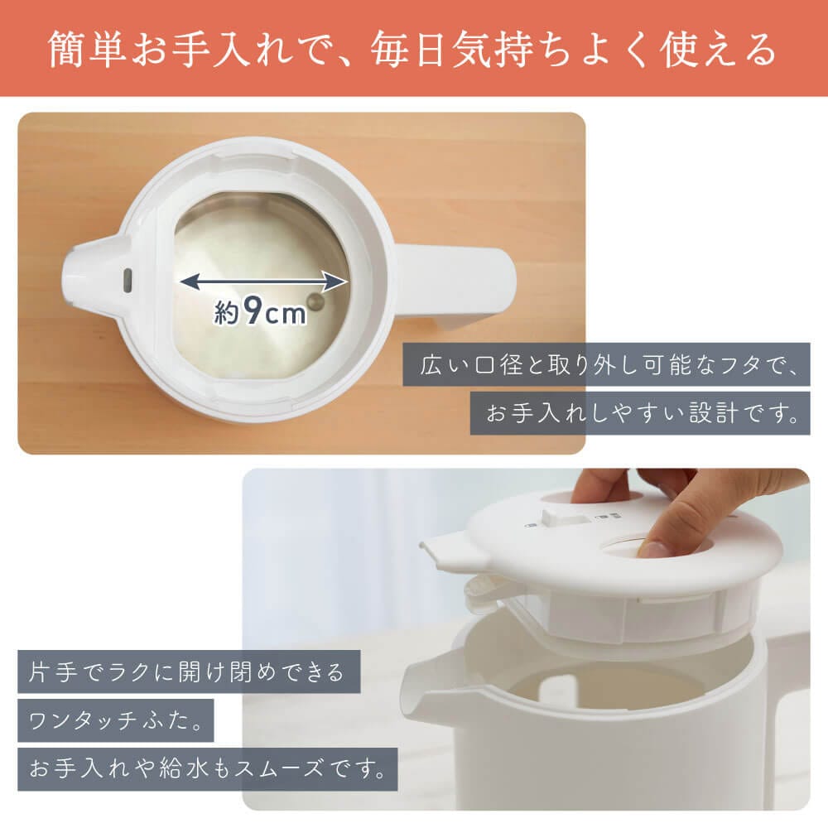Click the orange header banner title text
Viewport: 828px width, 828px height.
point(412,49)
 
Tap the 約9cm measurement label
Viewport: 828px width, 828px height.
point(260,311)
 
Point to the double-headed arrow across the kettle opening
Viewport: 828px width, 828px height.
point(263,281)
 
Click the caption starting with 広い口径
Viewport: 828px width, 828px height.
point(606,364)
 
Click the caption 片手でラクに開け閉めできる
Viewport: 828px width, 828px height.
point(186,672)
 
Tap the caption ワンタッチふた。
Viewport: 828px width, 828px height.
point(115,720)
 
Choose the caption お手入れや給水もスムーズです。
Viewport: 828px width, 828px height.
point(208,769)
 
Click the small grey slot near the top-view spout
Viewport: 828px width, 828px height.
point(128,281)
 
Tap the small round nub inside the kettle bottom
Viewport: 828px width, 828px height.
point(317,302)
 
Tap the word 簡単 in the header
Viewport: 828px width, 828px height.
point(87,49)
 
